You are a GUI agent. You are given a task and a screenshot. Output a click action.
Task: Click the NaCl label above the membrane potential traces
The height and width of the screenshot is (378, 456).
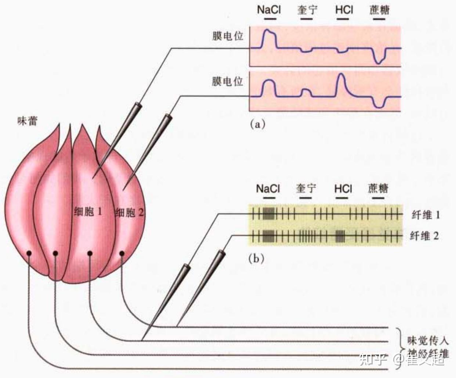[268, 9]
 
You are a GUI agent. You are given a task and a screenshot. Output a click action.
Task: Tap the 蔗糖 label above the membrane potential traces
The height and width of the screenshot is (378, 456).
[379, 10]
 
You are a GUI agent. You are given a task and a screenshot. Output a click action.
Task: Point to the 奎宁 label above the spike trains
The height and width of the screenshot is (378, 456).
[306, 188]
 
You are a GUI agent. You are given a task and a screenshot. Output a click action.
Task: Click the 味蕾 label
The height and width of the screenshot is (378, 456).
[28, 121]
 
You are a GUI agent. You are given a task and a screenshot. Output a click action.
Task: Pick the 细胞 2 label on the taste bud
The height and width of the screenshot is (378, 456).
[129, 213]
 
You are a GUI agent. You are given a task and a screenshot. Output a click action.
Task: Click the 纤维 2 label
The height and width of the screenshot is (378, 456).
[424, 236]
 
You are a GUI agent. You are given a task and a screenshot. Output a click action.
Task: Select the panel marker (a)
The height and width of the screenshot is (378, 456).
[257, 124]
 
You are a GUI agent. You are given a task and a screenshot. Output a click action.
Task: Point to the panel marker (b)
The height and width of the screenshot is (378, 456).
[256, 259]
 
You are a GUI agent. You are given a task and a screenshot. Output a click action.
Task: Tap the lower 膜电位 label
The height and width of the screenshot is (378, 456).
[228, 81]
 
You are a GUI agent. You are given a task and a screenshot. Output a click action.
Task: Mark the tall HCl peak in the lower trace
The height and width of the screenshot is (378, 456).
[341, 75]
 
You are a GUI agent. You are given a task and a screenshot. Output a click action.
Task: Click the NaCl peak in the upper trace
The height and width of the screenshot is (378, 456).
[268, 31]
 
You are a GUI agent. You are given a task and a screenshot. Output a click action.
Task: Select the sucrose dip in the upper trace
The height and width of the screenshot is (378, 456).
[379, 61]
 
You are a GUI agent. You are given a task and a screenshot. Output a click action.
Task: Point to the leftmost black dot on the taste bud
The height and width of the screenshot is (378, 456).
[28, 253]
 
